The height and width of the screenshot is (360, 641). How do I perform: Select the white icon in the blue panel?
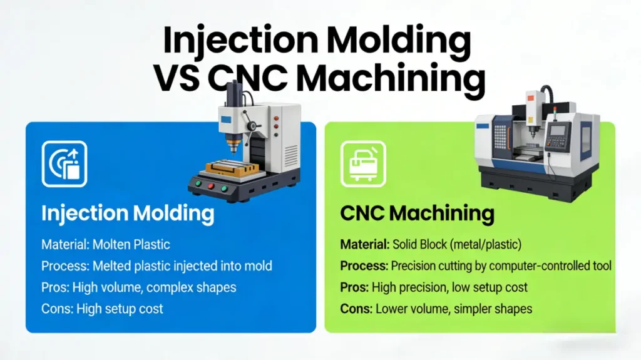click(64, 164)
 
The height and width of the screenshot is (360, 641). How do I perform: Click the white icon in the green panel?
click(362, 164)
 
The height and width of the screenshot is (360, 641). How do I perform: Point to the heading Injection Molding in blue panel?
click(128, 213)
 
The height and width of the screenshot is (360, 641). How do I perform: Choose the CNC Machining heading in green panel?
click(417, 213)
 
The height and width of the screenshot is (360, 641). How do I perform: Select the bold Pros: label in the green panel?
click(354, 287)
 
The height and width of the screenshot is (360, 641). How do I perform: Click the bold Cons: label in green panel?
click(356, 309)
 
